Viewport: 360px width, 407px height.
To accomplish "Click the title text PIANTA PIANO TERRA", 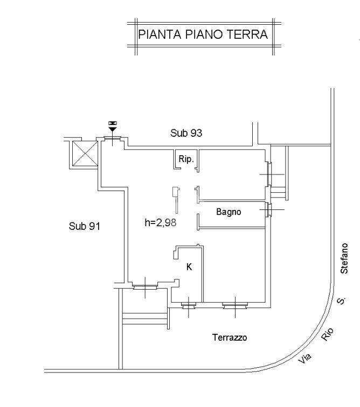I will pos(203,35).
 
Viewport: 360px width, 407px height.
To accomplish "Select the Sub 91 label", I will pos(85,226).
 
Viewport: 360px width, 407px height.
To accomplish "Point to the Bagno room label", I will pos(229,212).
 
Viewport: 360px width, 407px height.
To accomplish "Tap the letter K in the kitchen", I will pos(189,266).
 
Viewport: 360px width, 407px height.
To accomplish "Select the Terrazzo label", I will pos(230,338).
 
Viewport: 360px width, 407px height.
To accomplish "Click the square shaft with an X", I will pos(84,152).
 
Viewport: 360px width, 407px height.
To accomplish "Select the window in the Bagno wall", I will pos(267,209).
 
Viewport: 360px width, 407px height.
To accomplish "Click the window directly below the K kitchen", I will pos(189,306).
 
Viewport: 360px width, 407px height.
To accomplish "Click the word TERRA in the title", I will pos(250,35).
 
